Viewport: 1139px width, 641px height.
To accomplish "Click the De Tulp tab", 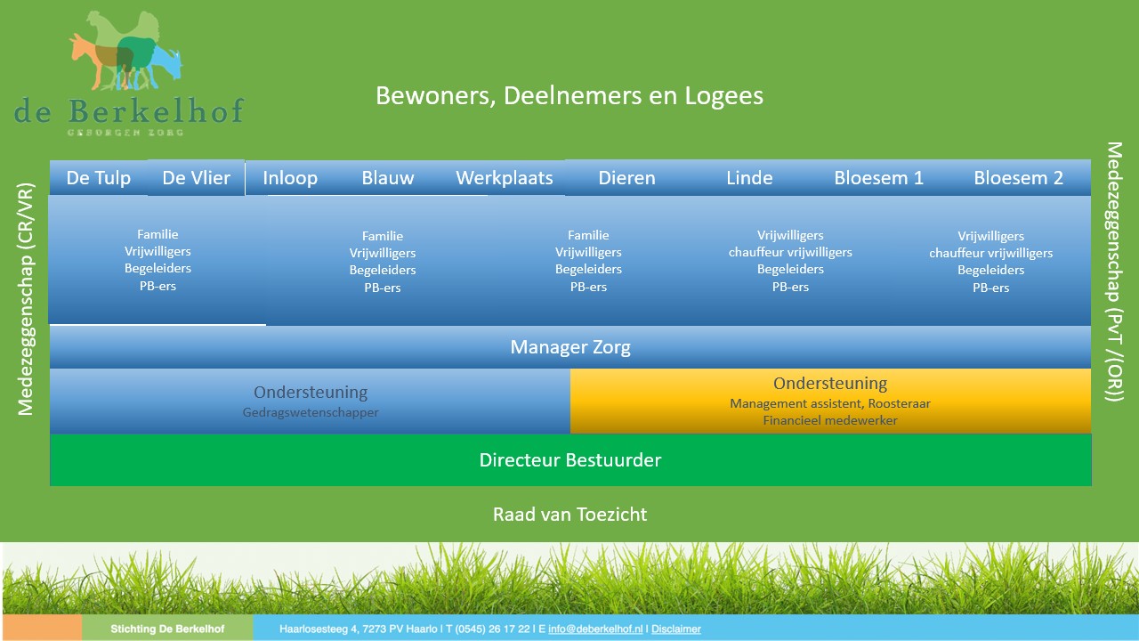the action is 99,178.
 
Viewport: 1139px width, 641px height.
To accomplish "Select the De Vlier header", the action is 197,178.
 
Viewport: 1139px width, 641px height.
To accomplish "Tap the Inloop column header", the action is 290,178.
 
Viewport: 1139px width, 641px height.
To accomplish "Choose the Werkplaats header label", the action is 505,178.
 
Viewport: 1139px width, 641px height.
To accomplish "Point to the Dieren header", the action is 627,178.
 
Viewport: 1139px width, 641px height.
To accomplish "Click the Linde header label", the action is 749,178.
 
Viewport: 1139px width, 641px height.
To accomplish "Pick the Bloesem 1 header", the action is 878,178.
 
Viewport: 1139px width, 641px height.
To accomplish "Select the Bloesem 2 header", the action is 1019,178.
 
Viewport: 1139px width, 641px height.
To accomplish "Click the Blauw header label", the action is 388,178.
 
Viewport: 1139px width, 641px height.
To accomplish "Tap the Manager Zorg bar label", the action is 570,347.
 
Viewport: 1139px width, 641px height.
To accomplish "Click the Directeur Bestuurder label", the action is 570,460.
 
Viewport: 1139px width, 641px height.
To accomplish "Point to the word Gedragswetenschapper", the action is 311,412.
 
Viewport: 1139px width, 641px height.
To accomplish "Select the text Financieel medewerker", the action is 830,420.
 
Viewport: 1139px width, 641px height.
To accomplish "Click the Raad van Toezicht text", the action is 570,515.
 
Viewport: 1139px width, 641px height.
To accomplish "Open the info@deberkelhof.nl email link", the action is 595,629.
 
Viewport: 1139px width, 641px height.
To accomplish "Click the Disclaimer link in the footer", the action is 676,629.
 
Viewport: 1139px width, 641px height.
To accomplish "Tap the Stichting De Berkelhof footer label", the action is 167,629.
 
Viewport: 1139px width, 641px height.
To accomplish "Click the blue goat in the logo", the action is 164,63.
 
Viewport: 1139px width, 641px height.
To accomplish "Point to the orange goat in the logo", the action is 94,59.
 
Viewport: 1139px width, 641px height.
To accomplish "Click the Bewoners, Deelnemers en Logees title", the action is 569,95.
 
